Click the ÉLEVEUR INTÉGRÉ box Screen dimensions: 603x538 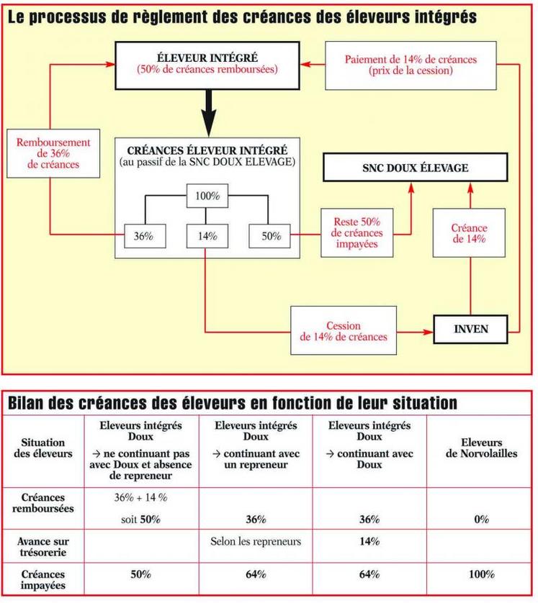(x=207, y=64)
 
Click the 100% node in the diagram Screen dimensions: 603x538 (x=206, y=196)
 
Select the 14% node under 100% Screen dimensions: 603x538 (x=206, y=235)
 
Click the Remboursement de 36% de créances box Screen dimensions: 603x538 (x=49, y=154)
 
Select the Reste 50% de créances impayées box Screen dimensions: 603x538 (x=357, y=233)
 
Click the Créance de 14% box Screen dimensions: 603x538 (x=470, y=233)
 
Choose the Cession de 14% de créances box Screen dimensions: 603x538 (x=344, y=331)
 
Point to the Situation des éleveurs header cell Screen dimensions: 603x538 (x=44, y=448)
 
